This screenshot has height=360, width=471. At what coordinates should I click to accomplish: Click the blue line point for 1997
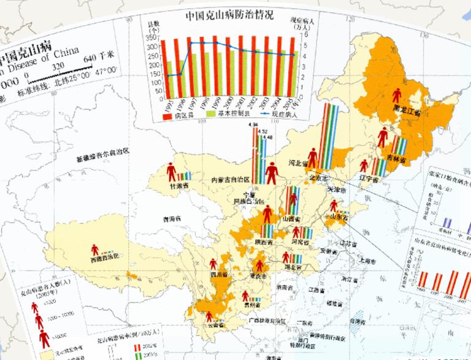click(x=191, y=43)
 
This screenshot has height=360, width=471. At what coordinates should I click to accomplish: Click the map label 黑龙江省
click(x=407, y=113)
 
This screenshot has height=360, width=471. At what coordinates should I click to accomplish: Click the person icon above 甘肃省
click(x=170, y=171)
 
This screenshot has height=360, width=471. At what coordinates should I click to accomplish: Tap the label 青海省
click(x=169, y=218)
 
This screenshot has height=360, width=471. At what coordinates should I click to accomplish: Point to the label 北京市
click(x=318, y=178)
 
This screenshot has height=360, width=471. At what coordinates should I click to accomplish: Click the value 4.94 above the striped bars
click(x=253, y=125)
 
